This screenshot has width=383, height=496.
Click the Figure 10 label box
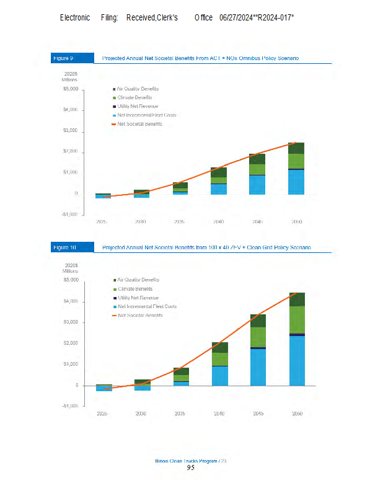click(64, 248)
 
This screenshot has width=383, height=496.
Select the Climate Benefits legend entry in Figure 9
click(133, 97)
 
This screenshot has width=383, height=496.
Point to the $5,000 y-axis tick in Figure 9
click(70, 89)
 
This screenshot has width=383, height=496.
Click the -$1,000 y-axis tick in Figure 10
click(69, 406)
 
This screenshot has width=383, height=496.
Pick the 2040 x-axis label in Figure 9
click(219, 221)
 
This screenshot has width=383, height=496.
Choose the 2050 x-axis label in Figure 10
click(296, 413)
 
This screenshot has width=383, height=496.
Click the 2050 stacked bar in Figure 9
click(296, 168)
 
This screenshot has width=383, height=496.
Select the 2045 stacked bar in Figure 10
click(258, 350)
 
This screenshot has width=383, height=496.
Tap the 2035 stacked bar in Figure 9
click(180, 188)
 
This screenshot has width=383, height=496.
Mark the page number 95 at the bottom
click(191, 468)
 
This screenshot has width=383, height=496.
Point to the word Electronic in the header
click(74, 17)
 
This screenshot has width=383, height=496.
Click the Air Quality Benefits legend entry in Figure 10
click(137, 280)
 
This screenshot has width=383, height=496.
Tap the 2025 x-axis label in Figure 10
click(103, 413)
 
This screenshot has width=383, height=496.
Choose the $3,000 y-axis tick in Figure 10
click(70, 322)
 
